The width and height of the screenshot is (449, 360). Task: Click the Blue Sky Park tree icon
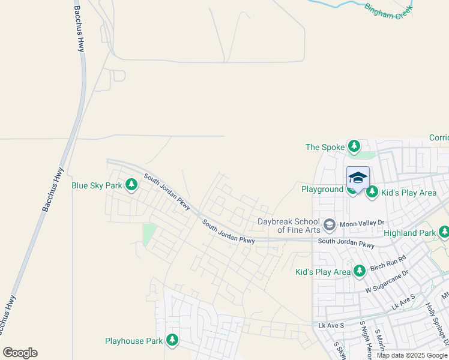click(130, 186)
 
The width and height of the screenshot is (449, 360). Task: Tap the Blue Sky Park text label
click(97, 186)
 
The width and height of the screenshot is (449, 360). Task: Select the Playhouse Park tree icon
click(172, 341)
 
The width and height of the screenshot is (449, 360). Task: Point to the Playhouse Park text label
click(133, 341)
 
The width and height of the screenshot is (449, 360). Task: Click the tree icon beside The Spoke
click(354, 146)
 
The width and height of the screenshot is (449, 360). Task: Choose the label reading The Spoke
click(325, 147)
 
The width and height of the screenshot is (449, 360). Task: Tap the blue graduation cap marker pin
click(358, 178)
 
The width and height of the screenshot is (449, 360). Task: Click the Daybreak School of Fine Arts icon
click(329, 225)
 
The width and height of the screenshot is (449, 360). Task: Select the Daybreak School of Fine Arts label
click(289, 226)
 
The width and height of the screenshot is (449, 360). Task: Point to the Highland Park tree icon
click(444, 232)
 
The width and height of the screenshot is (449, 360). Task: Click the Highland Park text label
click(409, 233)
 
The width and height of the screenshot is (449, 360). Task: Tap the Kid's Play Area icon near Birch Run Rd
click(360, 271)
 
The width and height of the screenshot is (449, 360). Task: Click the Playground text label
click(322, 190)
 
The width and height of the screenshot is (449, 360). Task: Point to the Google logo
click(20, 353)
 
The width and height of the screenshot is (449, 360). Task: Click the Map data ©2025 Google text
click(412, 355)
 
